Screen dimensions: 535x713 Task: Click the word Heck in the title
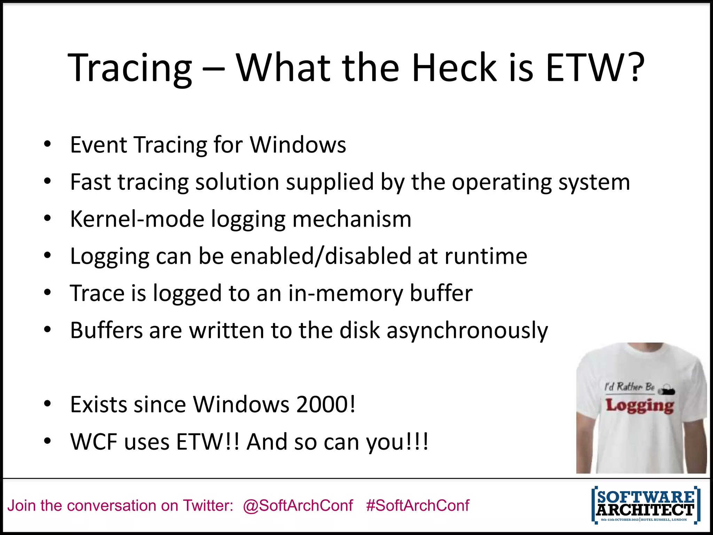[454, 68]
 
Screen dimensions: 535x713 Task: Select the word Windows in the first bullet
[298, 145]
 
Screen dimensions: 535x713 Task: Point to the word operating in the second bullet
[502, 183]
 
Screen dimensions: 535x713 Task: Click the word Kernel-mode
[137, 219]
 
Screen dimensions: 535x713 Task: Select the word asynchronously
[467, 331]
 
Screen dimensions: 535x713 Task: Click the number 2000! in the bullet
[326, 405]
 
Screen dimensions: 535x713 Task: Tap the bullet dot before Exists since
[48, 404]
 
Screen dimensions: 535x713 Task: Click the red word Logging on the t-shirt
[640, 406]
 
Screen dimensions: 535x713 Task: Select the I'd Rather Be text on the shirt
[629, 387]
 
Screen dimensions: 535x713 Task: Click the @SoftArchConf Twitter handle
[298, 506]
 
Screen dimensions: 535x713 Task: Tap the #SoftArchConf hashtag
[417, 506]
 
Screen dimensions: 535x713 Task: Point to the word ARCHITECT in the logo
[645, 510]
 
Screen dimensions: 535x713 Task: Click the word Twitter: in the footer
[208, 506]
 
